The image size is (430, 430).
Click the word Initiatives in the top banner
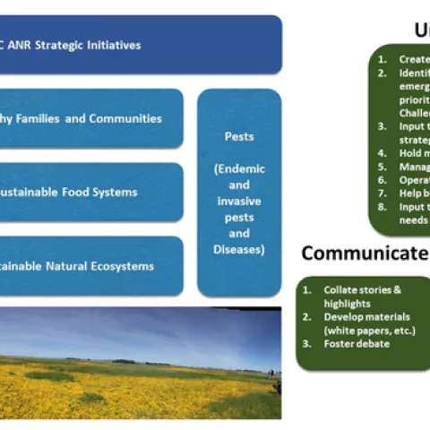(115, 45)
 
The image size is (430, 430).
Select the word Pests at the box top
(238, 138)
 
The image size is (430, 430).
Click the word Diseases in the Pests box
(238, 249)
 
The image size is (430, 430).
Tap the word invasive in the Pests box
(238, 201)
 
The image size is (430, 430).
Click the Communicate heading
(363, 254)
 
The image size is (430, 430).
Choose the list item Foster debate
(357, 342)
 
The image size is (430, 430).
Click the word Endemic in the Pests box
(238, 169)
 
